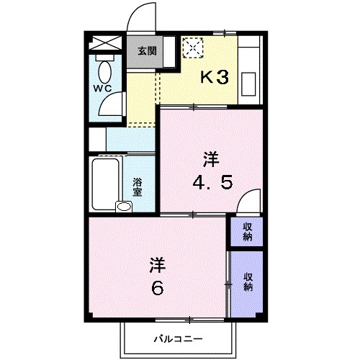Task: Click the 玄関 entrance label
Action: [147, 51]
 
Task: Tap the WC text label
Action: [102, 89]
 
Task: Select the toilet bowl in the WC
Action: [105, 72]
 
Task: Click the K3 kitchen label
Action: [215, 77]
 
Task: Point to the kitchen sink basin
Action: [248, 84]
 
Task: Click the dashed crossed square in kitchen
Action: [193, 48]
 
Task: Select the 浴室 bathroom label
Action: [138, 187]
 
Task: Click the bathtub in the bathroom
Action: [106, 184]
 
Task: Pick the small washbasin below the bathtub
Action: [124, 207]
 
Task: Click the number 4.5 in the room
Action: [212, 182]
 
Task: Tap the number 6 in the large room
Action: [158, 288]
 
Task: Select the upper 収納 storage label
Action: [248, 232]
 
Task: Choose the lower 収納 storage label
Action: [248, 282]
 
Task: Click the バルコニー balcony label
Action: [178, 339]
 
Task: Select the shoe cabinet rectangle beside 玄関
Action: [169, 52]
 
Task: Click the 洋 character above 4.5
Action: [212, 159]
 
